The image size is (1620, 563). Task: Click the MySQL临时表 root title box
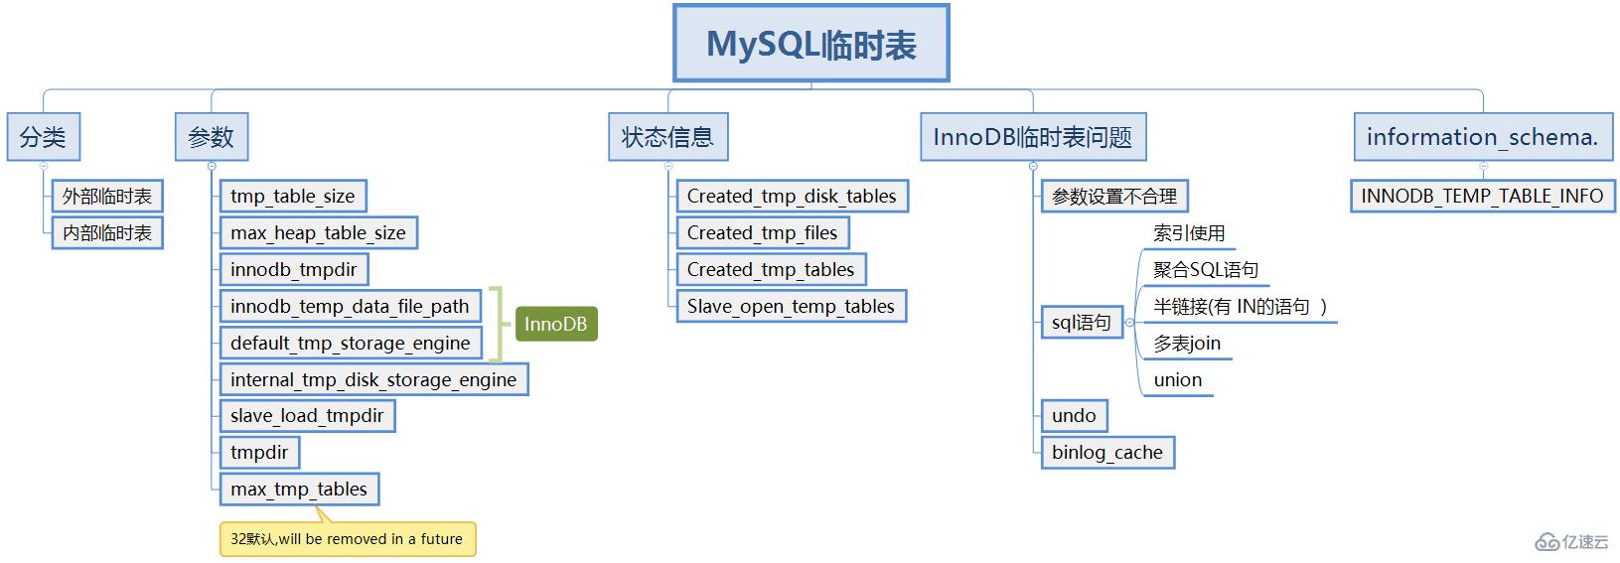pyautogui.click(x=810, y=44)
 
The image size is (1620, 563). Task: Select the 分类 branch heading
pyautogui.click(x=43, y=137)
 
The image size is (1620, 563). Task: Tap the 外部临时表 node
pyautogui.click(x=107, y=197)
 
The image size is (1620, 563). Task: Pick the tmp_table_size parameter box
pyautogui.click(x=293, y=197)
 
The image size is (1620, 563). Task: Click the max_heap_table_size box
pyautogui.click(x=318, y=233)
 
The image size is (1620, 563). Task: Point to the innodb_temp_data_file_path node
pyautogui.click(x=350, y=307)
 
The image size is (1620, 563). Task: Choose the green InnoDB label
pyautogui.click(x=555, y=324)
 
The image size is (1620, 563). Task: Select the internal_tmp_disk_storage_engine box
pyautogui.click(x=373, y=380)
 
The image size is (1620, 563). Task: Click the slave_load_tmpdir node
pyautogui.click(x=307, y=416)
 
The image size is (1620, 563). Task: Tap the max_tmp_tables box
pyautogui.click(x=299, y=490)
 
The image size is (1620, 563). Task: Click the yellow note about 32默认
pyautogui.click(x=347, y=539)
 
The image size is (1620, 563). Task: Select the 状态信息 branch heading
pyautogui.click(x=667, y=137)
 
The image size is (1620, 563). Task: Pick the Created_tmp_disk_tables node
pyautogui.click(x=792, y=197)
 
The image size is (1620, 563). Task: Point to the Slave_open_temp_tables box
pyautogui.click(x=791, y=307)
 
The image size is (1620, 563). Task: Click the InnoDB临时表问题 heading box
pyautogui.click(x=1032, y=137)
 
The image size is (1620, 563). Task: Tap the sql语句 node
pyautogui.click(x=1082, y=323)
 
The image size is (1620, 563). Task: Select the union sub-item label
pyautogui.click(x=1178, y=380)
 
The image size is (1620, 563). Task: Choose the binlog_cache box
pyautogui.click(x=1107, y=453)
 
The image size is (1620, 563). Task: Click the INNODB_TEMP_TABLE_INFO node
pyautogui.click(x=1482, y=197)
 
